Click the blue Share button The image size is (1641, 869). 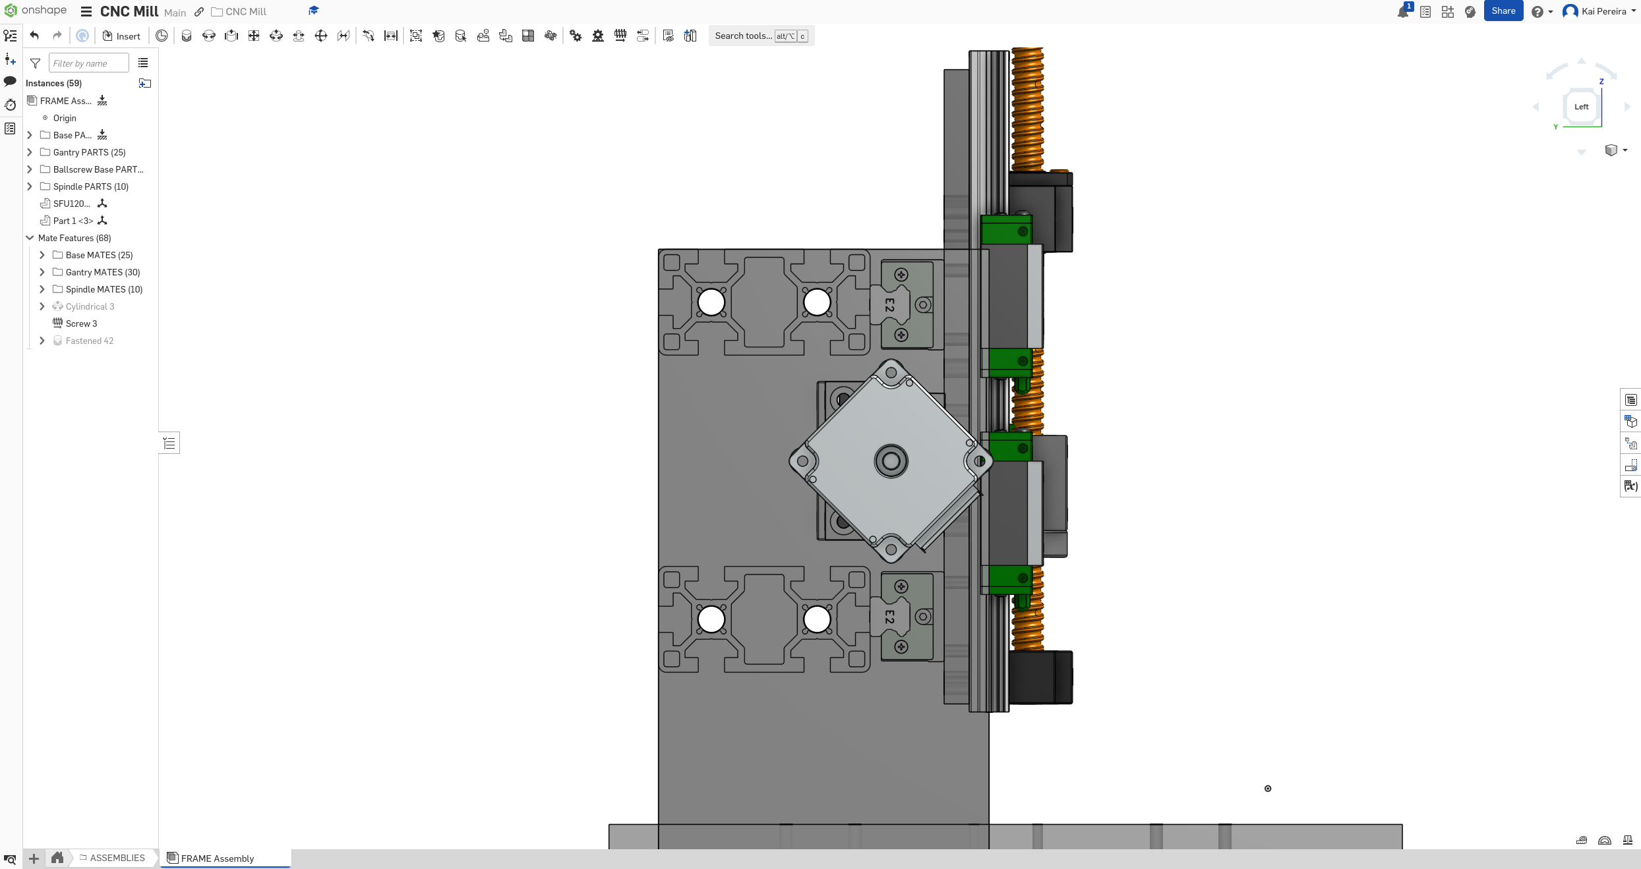point(1503,11)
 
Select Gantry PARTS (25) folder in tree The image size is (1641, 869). point(89,152)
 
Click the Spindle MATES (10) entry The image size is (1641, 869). point(104,289)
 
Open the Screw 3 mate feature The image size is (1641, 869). point(81,323)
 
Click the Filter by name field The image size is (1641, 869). point(88,63)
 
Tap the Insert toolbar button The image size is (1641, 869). point(121,36)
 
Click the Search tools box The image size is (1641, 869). point(743,36)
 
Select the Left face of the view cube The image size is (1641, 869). point(1580,107)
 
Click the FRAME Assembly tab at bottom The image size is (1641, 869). point(217,858)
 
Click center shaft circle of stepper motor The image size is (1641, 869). point(891,461)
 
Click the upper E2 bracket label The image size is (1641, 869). point(889,305)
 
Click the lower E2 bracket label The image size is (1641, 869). point(889,617)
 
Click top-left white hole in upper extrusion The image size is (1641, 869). point(711,302)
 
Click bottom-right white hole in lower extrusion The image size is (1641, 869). point(817,619)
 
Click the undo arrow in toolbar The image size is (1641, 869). point(34,36)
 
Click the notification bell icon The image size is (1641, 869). point(1402,12)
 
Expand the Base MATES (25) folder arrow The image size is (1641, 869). point(42,255)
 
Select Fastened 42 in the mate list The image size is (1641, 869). point(89,341)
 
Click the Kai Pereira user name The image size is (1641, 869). point(1603,11)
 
